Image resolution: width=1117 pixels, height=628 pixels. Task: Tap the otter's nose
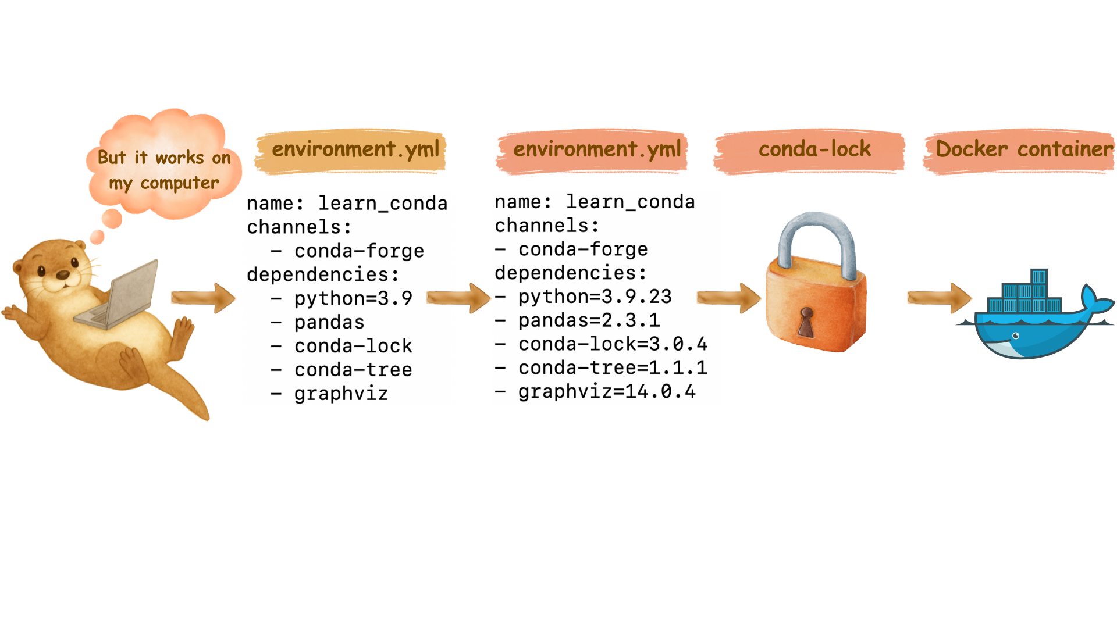62,274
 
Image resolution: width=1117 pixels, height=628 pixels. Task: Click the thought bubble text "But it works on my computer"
163,170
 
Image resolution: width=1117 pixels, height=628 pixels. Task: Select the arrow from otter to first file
204,298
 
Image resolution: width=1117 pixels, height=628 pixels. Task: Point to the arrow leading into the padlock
730,298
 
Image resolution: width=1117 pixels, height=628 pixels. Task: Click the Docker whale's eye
1016,336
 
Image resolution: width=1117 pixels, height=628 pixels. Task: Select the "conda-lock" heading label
814,149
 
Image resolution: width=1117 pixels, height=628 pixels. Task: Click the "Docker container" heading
1024,149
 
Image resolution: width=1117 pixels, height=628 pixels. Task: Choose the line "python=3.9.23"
595,297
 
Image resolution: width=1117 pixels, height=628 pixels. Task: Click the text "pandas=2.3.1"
589,320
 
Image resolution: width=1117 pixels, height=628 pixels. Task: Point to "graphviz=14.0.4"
607,391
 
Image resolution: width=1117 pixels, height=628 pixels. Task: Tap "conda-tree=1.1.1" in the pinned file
613,367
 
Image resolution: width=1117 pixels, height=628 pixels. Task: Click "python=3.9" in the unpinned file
353,298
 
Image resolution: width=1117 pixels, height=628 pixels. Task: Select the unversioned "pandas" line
329,322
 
